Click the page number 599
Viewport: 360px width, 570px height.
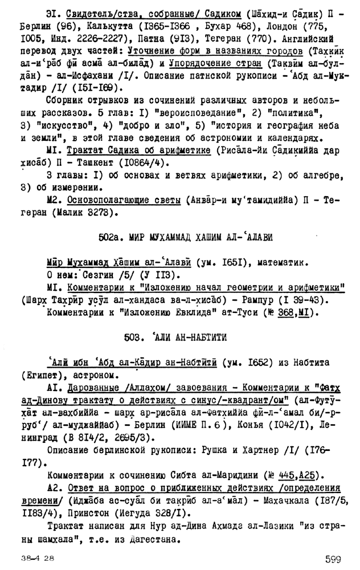tap(330, 560)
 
